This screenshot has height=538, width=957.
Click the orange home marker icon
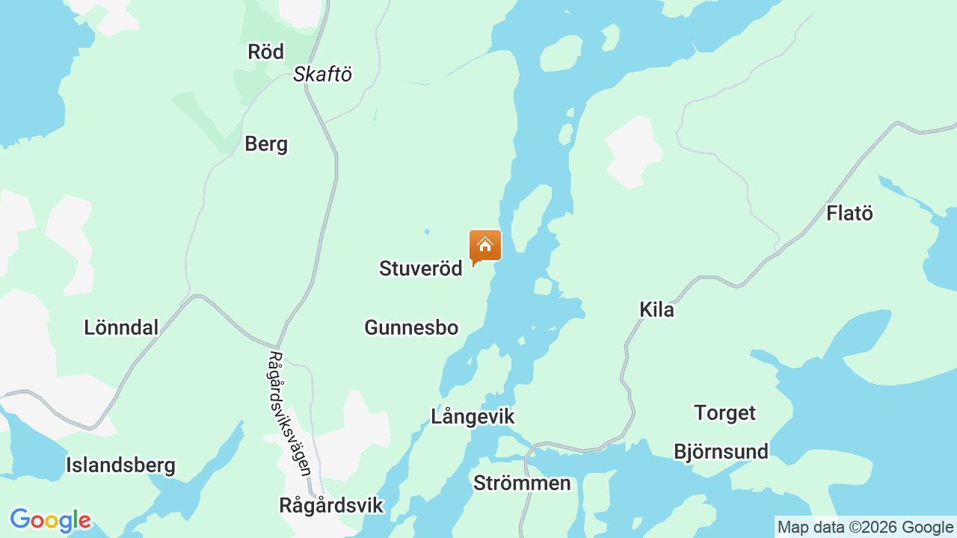click(x=485, y=246)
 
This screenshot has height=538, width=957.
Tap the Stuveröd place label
click(x=421, y=268)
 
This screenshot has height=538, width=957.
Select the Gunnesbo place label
click(x=411, y=327)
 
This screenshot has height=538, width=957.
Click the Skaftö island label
click(x=322, y=75)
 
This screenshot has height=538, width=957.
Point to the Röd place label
click(x=266, y=52)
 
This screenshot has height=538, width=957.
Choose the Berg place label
click(x=266, y=144)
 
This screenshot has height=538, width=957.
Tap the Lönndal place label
click(x=121, y=327)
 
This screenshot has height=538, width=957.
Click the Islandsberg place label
click(x=120, y=466)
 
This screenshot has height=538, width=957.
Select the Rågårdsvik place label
click(x=330, y=505)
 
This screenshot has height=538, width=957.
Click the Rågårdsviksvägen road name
click(x=290, y=413)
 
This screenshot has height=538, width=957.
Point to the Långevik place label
click(x=473, y=416)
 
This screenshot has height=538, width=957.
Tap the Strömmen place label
click(x=522, y=483)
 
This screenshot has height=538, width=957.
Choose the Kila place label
click(x=656, y=309)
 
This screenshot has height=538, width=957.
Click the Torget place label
click(x=724, y=412)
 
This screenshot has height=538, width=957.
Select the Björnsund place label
click(x=721, y=451)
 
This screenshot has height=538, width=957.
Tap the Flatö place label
click(x=849, y=213)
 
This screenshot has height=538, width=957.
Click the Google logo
click(x=50, y=520)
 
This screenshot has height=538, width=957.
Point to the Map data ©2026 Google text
click(x=865, y=527)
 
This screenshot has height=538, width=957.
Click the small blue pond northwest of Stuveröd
click(x=427, y=232)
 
